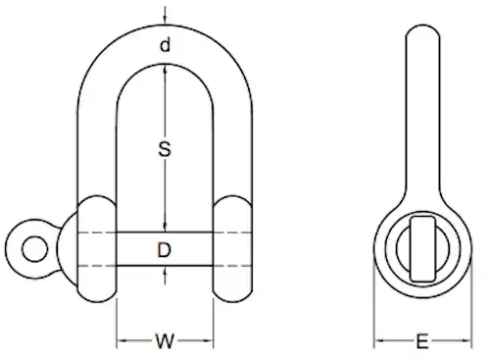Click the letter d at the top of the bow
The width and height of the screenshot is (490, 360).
tap(165, 45)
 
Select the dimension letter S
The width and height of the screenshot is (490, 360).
tap(166, 150)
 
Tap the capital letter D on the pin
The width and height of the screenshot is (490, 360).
tap(166, 250)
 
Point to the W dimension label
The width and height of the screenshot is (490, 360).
tap(166, 342)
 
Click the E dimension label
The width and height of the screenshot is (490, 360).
tap(421, 342)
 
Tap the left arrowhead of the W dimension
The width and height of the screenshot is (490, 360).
tap(121, 342)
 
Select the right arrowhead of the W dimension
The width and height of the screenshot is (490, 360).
tap(210, 342)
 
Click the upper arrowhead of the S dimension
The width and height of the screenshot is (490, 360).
tap(166, 70)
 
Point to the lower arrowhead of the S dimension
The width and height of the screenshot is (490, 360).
tap(166, 227)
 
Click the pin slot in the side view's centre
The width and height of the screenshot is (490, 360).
tap(420, 245)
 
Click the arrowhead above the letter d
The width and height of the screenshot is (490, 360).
tap(166, 23)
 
